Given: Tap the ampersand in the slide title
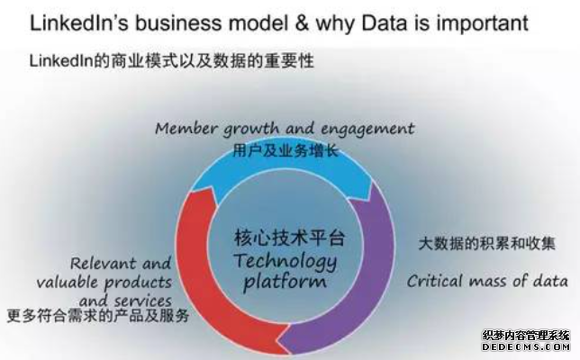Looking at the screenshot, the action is [302, 22].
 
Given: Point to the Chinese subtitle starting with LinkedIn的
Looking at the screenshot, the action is [172, 61].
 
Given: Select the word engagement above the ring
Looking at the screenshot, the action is [367, 130].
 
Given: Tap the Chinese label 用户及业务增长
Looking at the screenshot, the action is [285, 150].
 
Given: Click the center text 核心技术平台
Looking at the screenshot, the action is [290, 238].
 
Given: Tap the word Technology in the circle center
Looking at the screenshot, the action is [285, 261].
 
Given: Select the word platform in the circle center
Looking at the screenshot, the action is [285, 283].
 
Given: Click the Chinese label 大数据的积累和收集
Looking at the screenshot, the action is [486, 243].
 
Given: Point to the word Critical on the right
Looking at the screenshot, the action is [435, 281].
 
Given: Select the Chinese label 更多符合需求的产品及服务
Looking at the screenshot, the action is [98, 316].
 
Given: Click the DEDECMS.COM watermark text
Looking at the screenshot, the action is [526, 346].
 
